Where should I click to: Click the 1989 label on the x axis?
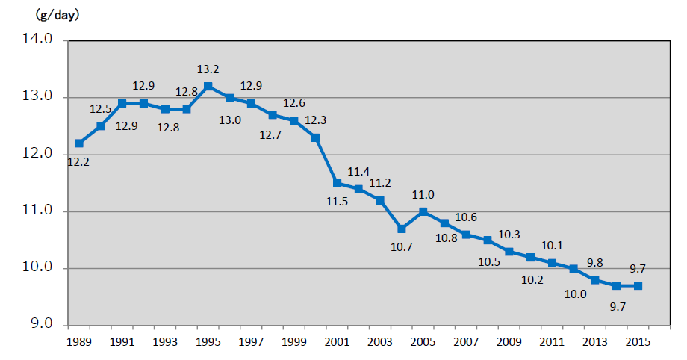[78, 342]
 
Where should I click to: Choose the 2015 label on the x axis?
[638, 342]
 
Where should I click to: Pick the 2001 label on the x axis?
[337, 342]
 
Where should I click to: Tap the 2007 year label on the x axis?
[466, 342]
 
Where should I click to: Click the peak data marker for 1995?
[208, 86]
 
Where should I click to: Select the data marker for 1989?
[79, 143]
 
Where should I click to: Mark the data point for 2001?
[338, 183]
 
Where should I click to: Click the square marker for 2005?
[423, 211]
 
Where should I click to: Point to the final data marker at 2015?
[638, 286]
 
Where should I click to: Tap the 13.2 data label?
[208, 69]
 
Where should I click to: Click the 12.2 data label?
[78, 161]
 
